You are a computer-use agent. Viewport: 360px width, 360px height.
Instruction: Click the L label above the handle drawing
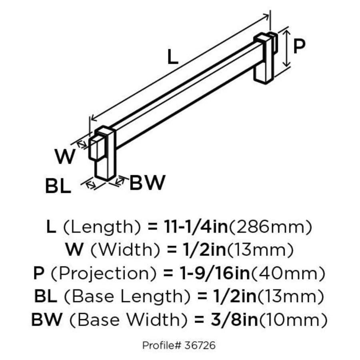172,58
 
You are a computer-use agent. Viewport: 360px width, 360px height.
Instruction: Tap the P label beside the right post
299,46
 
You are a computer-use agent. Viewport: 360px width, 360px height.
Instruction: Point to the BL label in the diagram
58,186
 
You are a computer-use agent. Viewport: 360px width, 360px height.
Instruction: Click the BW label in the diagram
147,183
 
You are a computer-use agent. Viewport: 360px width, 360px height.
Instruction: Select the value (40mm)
288,274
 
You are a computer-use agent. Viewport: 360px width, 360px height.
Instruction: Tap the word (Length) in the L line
102,228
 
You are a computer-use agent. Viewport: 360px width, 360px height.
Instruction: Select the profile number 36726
201,344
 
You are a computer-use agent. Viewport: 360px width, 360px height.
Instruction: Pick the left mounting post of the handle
105,154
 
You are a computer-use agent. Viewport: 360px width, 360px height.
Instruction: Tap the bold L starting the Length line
51,228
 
